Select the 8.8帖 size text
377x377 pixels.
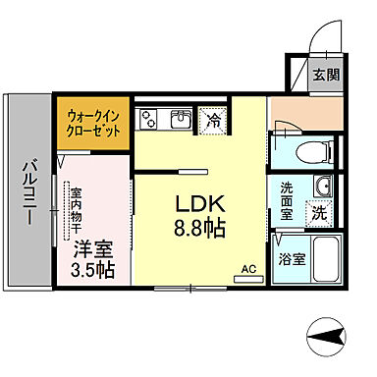click(x=202, y=231)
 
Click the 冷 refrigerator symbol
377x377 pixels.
click(x=213, y=120)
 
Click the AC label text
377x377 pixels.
click(x=249, y=268)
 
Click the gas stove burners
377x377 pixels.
click(x=150, y=120)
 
